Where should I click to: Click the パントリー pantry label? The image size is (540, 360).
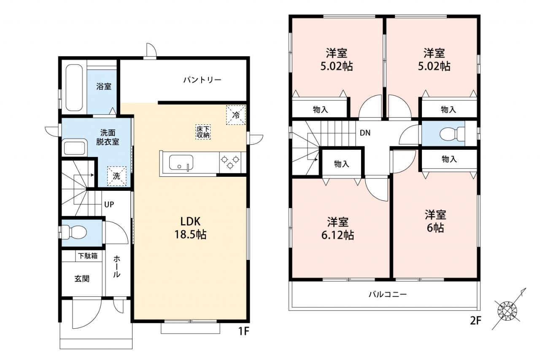[202, 80]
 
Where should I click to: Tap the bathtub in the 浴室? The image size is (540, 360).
[74, 87]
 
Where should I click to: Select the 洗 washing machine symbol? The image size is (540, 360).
[117, 176]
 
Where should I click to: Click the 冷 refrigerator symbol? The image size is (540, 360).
[236, 115]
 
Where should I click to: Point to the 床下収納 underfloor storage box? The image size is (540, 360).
[203, 132]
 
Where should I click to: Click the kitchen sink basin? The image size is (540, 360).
[181, 162]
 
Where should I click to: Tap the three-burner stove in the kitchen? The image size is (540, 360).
[230, 162]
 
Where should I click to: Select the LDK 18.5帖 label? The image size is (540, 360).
[190, 228]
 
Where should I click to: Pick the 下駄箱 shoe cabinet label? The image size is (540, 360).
[88, 256]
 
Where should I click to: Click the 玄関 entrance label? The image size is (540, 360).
[82, 279]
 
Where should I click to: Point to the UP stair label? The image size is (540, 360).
[109, 205]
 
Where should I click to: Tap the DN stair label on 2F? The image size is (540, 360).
[365, 133]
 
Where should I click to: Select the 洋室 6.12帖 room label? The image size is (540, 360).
[337, 229]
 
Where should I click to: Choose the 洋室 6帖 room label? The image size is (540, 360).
[435, 221]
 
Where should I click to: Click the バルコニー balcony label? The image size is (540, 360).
[388, 295]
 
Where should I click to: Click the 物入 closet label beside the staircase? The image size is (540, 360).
[341, 164]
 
